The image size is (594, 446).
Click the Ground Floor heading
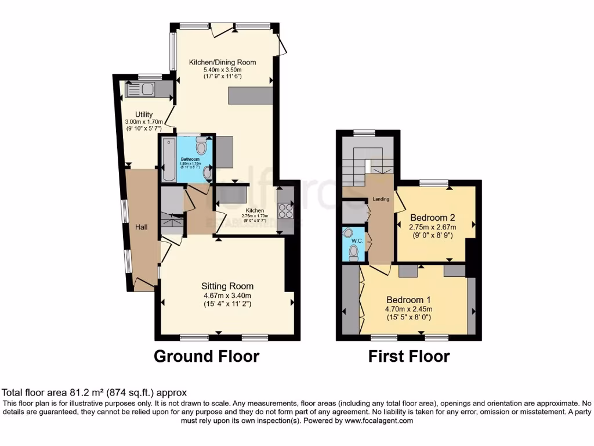(206, 356)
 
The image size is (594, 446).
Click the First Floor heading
(408, 356)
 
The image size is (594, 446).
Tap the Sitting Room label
(227, 286)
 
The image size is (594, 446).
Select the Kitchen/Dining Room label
(222, 62)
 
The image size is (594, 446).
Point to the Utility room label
(144, 114)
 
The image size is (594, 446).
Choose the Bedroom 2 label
(433, 218)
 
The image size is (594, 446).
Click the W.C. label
(352, 242)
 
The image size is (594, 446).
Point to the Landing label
(380, 200)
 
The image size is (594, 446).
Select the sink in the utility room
(146, 89)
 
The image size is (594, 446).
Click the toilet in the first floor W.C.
(354, 251)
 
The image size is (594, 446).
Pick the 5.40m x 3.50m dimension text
(222, 69)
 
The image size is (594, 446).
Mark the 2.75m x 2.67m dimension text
(433, 227)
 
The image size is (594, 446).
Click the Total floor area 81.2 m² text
(95, 393)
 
